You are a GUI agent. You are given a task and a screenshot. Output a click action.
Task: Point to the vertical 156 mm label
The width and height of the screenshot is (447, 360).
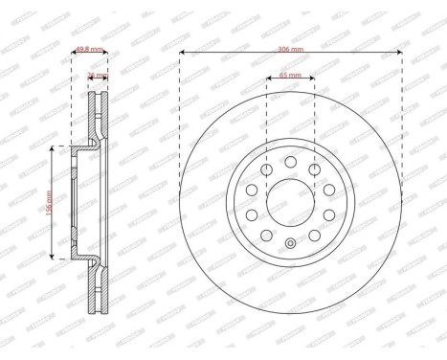point(50,202)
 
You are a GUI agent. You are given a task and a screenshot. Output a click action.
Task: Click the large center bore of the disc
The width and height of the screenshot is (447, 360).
point(290,202)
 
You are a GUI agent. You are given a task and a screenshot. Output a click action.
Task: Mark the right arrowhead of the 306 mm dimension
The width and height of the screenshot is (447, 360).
point(399,52)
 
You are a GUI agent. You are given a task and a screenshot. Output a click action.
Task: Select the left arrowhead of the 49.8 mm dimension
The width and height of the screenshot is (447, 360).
point(74,52)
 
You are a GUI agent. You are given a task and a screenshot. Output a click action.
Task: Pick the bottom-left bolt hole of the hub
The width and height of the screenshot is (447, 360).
point(266,235)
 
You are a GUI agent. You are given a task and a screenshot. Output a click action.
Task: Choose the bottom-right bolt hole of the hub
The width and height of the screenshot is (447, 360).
point(315,235)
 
